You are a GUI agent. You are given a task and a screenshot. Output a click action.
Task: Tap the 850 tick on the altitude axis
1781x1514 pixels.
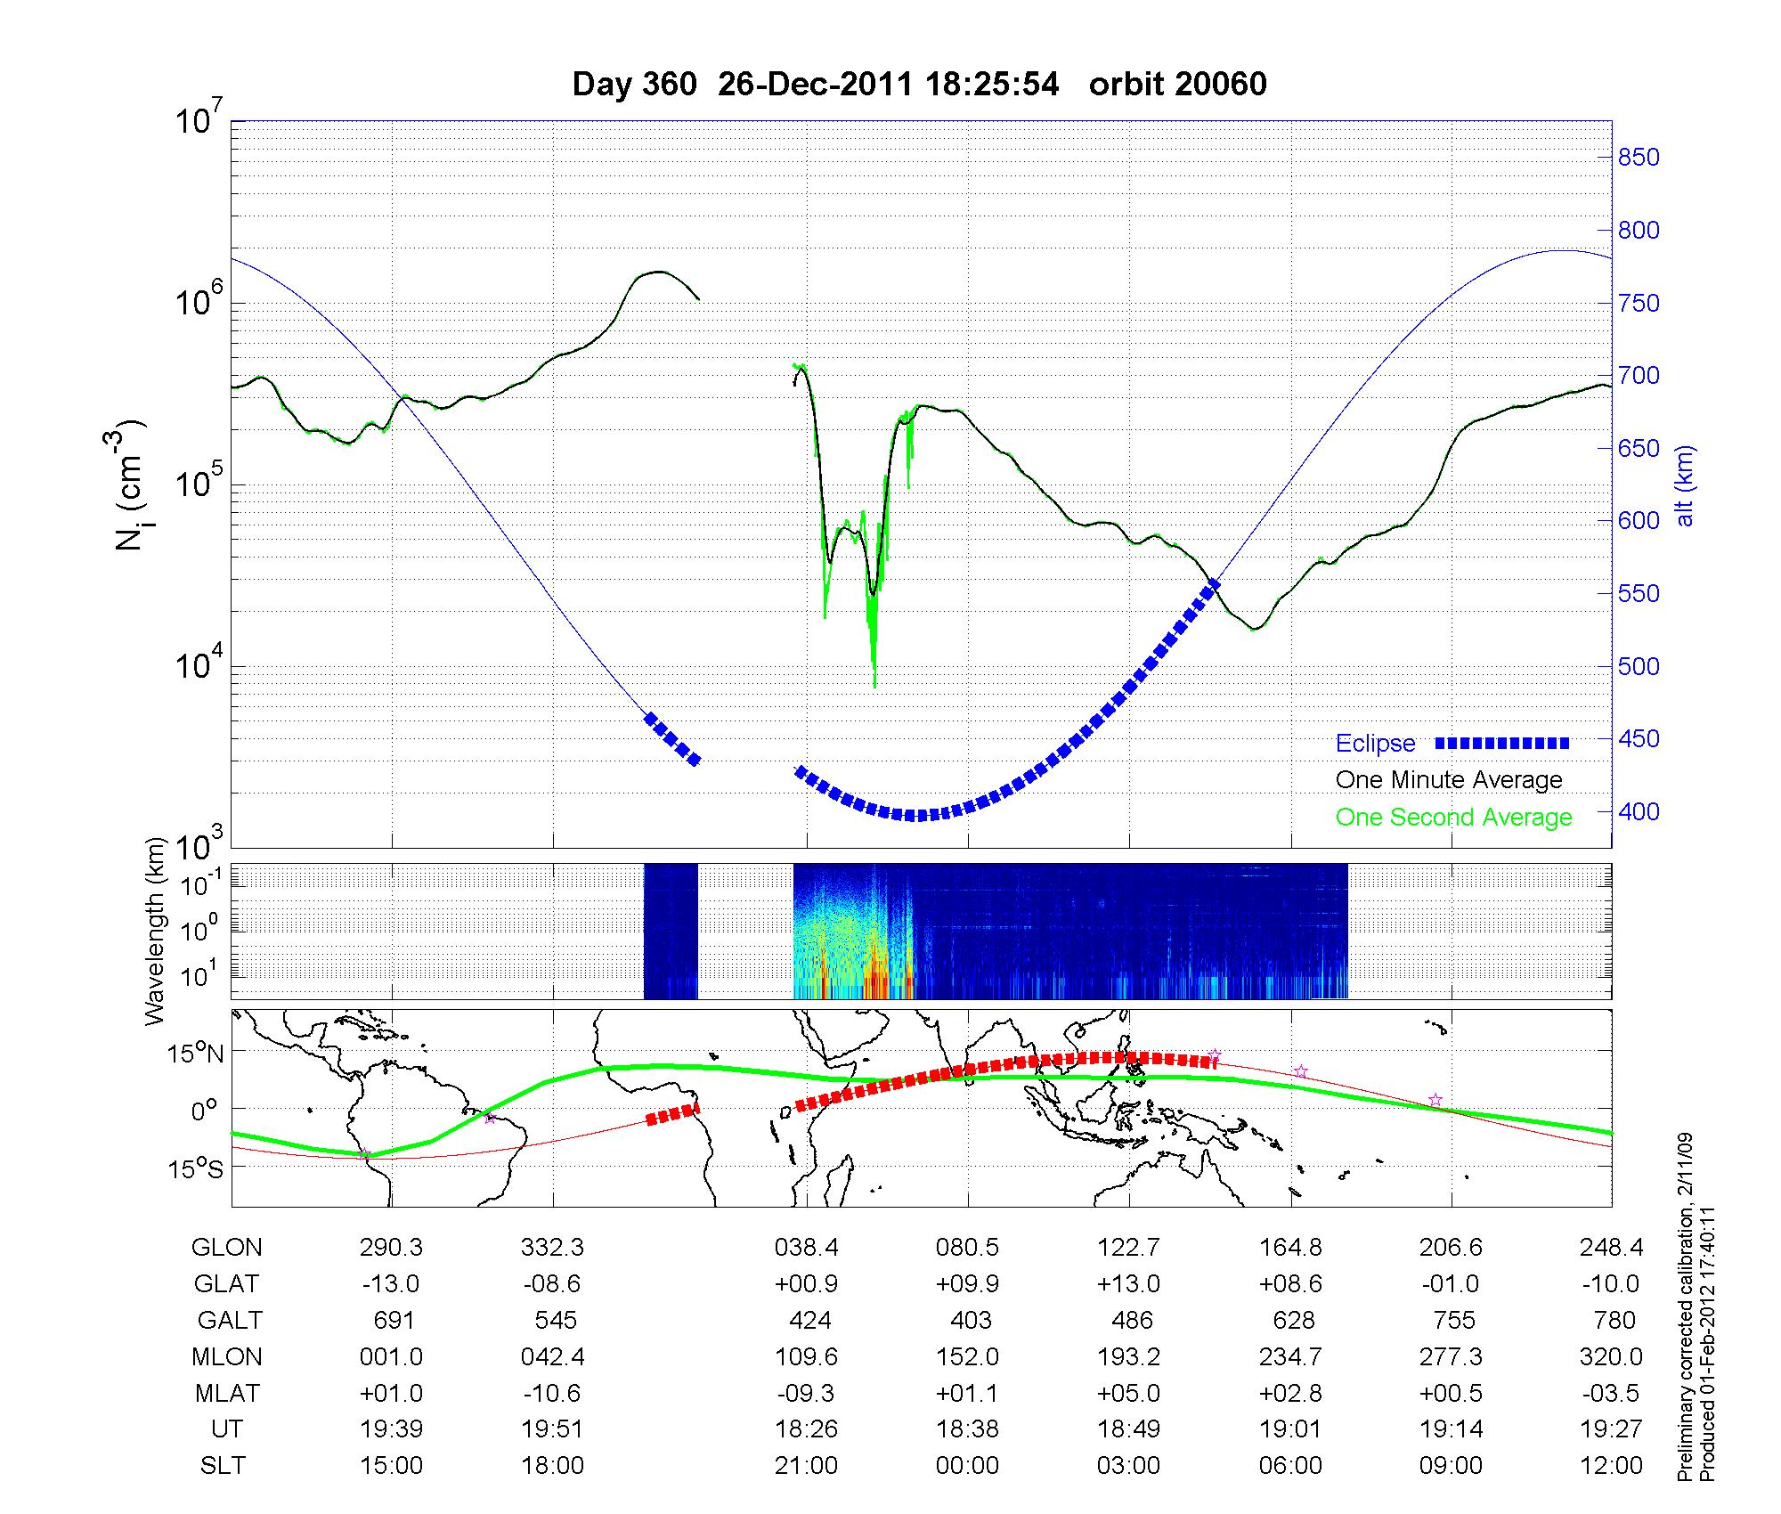point(1639,158)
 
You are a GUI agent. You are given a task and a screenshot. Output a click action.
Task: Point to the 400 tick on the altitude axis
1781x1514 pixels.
point(1639,812)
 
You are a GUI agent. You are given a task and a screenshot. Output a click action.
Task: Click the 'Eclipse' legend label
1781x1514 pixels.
point(1375,744)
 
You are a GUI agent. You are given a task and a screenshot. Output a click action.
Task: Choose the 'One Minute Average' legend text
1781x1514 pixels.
point(1449,780)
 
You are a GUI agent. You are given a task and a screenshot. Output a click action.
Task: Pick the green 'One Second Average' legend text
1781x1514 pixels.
point(1453,818)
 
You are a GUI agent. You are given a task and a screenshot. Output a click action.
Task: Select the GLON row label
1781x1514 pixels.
point(226,1248)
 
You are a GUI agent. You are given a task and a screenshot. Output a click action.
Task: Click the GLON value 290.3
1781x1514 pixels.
point(392,1248)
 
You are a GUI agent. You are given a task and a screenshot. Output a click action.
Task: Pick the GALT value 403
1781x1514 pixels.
point(971,1320)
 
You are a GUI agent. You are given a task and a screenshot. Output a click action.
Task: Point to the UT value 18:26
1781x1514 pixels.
point(806,1429)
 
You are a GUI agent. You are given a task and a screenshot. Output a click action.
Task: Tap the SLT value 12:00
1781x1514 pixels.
point(1611,1465)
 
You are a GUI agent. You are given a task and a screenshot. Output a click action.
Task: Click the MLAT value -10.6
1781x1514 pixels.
point(553,1393)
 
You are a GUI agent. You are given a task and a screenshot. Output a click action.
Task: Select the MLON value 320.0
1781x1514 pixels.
point(1611,1356)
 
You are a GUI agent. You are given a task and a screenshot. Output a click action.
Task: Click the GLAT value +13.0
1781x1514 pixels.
point(1128,1284)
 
